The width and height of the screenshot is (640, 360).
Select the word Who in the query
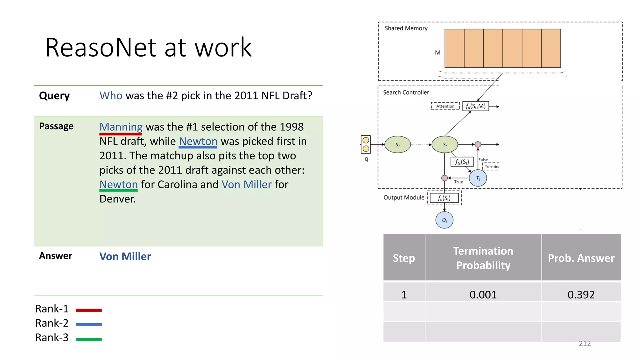[x=111, y=96]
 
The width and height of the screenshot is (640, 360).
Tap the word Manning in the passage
[x=121, y=127]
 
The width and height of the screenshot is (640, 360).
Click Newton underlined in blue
[x=198, y=141]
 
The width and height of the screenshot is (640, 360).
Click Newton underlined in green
[x=118, y=184]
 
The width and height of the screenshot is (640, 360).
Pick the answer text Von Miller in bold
[x=125, y=257]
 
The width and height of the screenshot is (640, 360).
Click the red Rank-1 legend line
[x=89, y=310]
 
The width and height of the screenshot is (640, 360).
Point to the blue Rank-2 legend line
[x=89, y=324]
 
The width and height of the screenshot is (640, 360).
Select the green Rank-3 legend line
[x=89, y=339]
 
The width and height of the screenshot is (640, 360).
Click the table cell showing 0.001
[x=483, y=294]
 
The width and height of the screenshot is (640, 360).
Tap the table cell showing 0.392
[x=581, y=294]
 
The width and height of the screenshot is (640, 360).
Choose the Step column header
[x=404, y=258]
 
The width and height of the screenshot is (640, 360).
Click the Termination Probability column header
[x=483, y=258]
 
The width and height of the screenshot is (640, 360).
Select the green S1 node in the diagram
[x=397, y=144]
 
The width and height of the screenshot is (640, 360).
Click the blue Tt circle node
[x=478, y=178]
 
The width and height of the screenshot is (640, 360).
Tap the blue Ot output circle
[x=444, y=220]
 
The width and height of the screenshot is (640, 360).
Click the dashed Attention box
[x=445, y=106]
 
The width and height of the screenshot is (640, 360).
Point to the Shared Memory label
[x=406, y=28]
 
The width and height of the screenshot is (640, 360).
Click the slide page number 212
[x=584, y=343]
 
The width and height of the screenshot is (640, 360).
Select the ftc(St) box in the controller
[x=462, y=162]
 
